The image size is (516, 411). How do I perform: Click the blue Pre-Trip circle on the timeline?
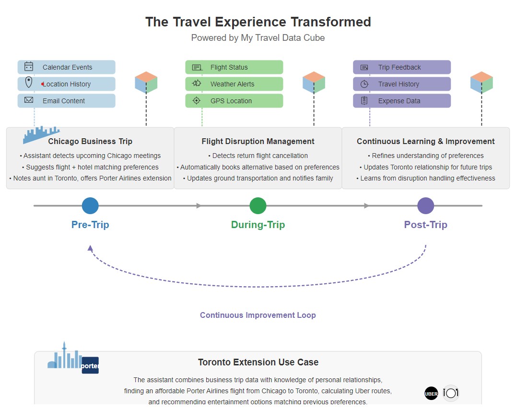(x=90, y=205)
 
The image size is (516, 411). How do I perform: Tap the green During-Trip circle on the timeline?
(x=258, y=205)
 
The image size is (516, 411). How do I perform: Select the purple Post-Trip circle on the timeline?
(x=426, y=205)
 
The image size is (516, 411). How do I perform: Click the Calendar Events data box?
(x=67, y=67)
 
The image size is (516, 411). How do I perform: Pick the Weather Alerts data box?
(x=234, y=84)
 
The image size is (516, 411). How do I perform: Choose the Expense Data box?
(x=402, y=101)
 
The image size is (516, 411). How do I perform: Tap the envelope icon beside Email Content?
(x=29, y=100)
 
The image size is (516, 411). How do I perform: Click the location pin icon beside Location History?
(x=29, y=83)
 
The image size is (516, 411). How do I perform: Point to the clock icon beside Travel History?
(x=364, y=84)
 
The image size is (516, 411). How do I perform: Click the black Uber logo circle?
(x=431, y=394)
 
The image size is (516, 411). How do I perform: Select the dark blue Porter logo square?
(x=90, y=365)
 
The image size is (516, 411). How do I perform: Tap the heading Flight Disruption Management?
(x=258, y=141)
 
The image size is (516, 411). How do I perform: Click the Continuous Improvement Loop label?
(x=258, y=315)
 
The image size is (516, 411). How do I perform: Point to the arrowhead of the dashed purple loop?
(x=90, y=248)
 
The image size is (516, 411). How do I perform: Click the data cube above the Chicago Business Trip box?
(x=146, y=82)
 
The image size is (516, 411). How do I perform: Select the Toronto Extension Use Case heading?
(x=258, y=362)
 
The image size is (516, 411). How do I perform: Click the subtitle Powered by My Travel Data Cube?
(x=258, y=37)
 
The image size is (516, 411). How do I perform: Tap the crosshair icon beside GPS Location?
(x=196, y=101)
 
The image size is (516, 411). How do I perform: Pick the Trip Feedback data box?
(x=402, y=67)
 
